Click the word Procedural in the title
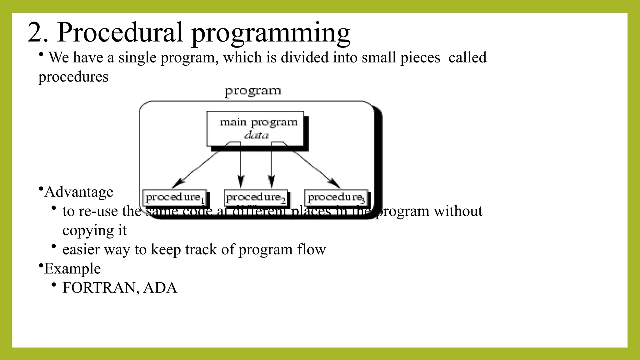120,32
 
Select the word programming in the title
271,34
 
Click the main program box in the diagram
255,128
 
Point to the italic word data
256,135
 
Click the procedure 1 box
174,197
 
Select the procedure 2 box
256,197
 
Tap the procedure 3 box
336,197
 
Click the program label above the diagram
253,91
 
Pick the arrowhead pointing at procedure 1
177,183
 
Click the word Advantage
79,192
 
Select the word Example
72,268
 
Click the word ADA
160,288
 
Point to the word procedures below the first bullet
73,77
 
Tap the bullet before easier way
54,247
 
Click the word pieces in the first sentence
420,58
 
